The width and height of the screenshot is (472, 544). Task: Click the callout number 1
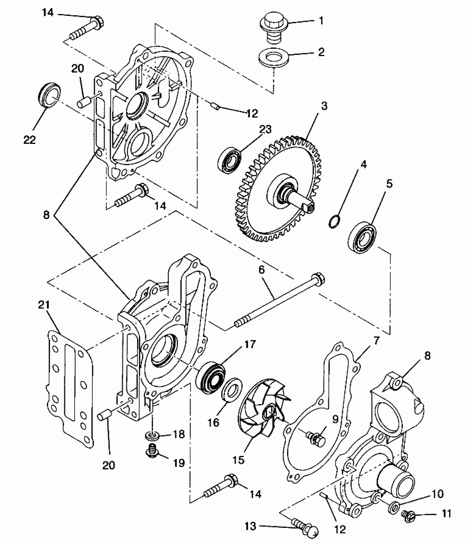pos(321,21)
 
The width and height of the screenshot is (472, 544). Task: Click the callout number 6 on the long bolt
pos(262,270)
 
